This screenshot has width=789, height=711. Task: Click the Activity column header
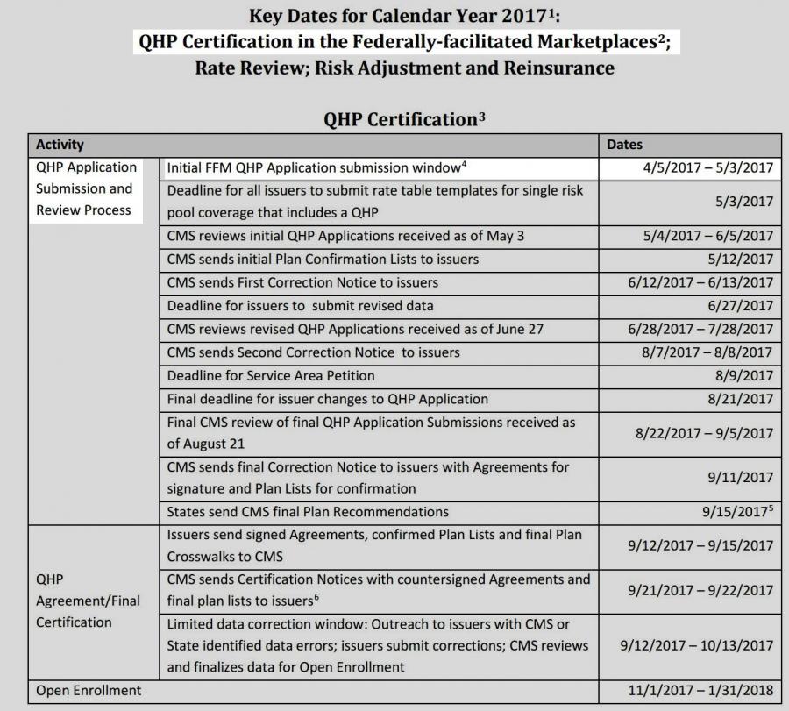pyautogui.click(x=60, y=145)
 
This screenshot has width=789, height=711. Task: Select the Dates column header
pyautogui.click(x=624, y=145)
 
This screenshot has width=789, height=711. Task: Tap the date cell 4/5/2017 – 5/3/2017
pyautogui.click(x=708, y=167)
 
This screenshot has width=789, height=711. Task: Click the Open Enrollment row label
pyautogui.click(x=89, y=691)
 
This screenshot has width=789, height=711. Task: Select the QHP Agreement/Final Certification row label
pyautogui.click(x=88, y=601)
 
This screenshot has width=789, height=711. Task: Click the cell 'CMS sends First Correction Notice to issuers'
pyautogui.click(x=302, y=282)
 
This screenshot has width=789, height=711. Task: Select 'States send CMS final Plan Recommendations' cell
pyautogui.click(x=308, y=511)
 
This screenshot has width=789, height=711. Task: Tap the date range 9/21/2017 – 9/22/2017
pyautogui.click(x=700, y=591)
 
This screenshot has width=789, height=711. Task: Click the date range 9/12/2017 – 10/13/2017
pyautogui.click(x=696, y=645)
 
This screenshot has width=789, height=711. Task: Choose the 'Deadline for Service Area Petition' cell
pyautogui.click(x=271, y=376)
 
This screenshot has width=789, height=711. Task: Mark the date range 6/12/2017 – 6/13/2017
pyautogui.click(x=700, y=282)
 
